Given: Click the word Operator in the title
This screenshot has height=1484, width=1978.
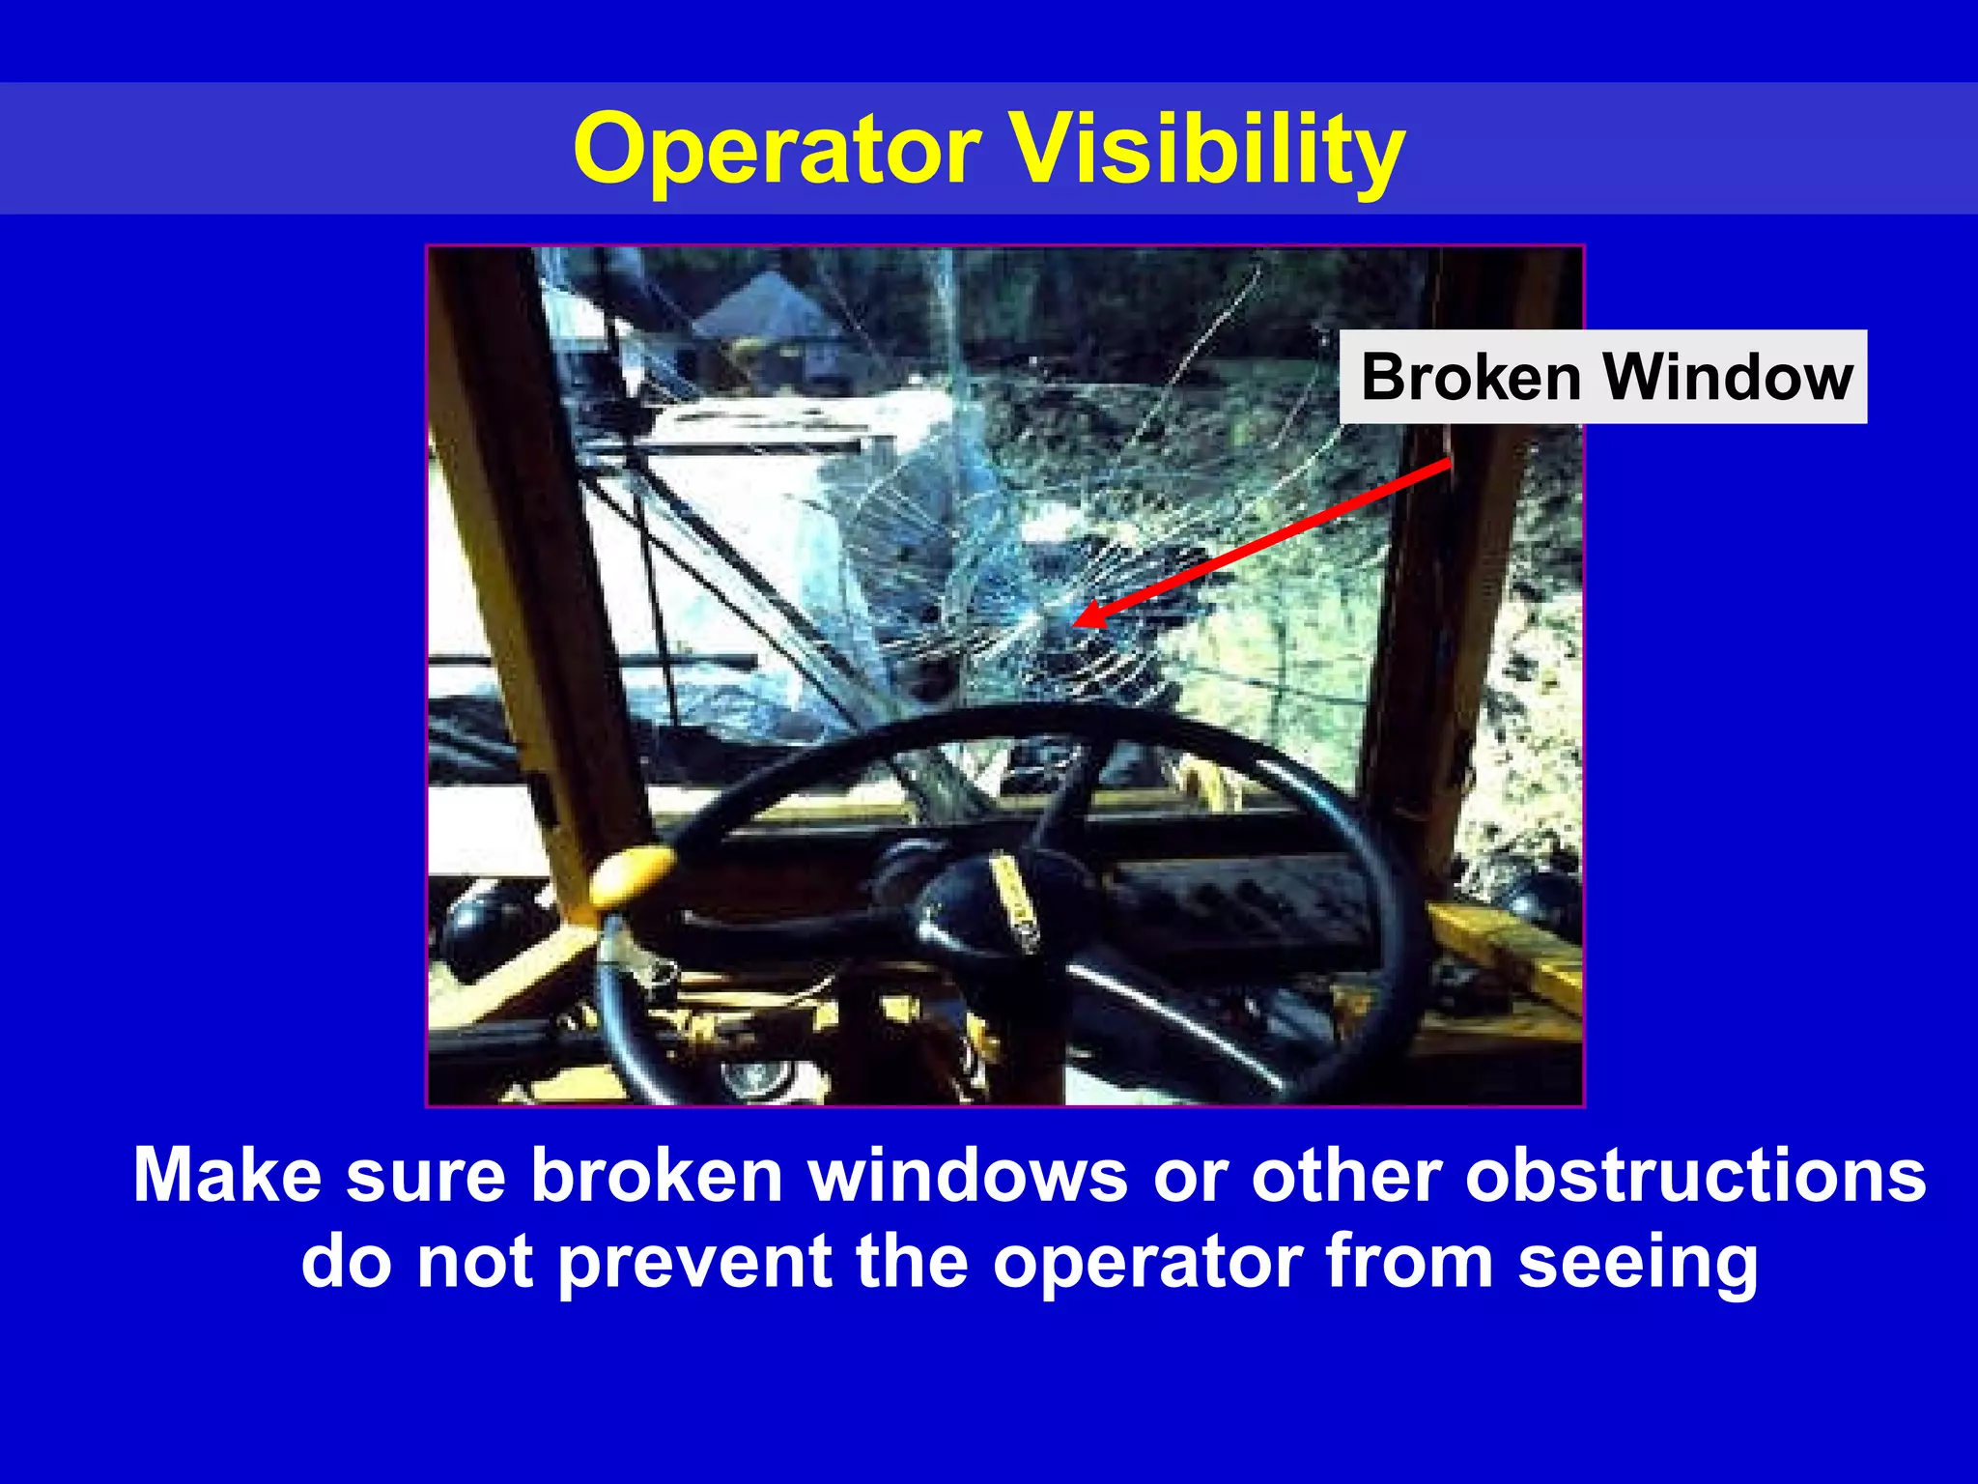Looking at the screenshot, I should point(777,150).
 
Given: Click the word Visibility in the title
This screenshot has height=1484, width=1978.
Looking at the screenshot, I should point(1206,150).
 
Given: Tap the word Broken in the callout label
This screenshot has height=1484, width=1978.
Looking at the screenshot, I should point(1470,377).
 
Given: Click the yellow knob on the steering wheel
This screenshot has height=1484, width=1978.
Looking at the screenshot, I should point(632,871).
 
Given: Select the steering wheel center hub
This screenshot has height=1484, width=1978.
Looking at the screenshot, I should point(1004,899).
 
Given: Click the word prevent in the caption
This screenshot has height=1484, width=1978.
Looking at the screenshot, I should point(695,1262).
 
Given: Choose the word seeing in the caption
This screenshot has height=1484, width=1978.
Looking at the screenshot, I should point(1638,1262).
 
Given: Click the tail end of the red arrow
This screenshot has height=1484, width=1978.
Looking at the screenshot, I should point(1449,463).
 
